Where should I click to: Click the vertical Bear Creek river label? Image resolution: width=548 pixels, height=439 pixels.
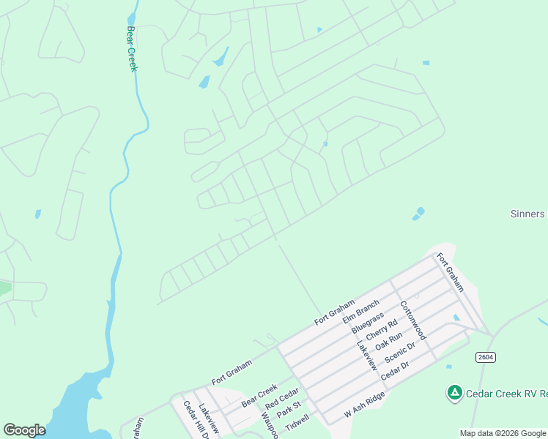pos(132,49)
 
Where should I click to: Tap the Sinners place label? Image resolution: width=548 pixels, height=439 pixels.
pos(527,214)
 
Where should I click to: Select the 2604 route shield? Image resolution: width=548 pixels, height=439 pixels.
pos(484,356)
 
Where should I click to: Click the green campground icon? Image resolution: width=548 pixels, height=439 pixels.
pos(454,394)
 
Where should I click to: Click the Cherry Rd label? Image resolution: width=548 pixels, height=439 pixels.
pos(382,333)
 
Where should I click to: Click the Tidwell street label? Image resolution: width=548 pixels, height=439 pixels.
pos(297,422)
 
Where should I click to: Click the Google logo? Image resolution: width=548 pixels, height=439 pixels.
pos(24,430)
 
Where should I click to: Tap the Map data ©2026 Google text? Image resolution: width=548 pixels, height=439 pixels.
pos(503,433)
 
